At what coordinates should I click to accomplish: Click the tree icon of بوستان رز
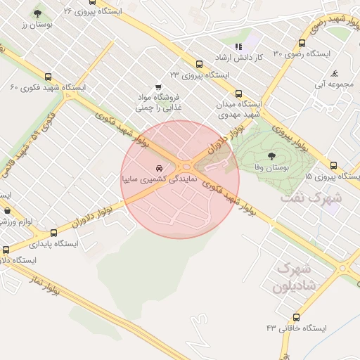(x=37, y=13)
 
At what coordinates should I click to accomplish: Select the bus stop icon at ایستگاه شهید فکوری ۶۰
(x=48, y=77)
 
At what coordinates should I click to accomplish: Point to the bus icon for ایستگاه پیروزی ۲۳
(x=199, y=63)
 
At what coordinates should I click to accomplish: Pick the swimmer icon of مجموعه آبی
(x=335, y=74)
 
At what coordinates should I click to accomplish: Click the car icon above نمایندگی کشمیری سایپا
(x=161, y=168)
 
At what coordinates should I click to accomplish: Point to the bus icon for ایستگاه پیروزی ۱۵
(x=333, y=165)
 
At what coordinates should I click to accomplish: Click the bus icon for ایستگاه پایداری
(x=6, y=250)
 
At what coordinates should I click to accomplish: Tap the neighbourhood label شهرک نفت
(x=310, y=198)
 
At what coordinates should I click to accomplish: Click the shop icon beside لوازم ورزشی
(x=7, y=210)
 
